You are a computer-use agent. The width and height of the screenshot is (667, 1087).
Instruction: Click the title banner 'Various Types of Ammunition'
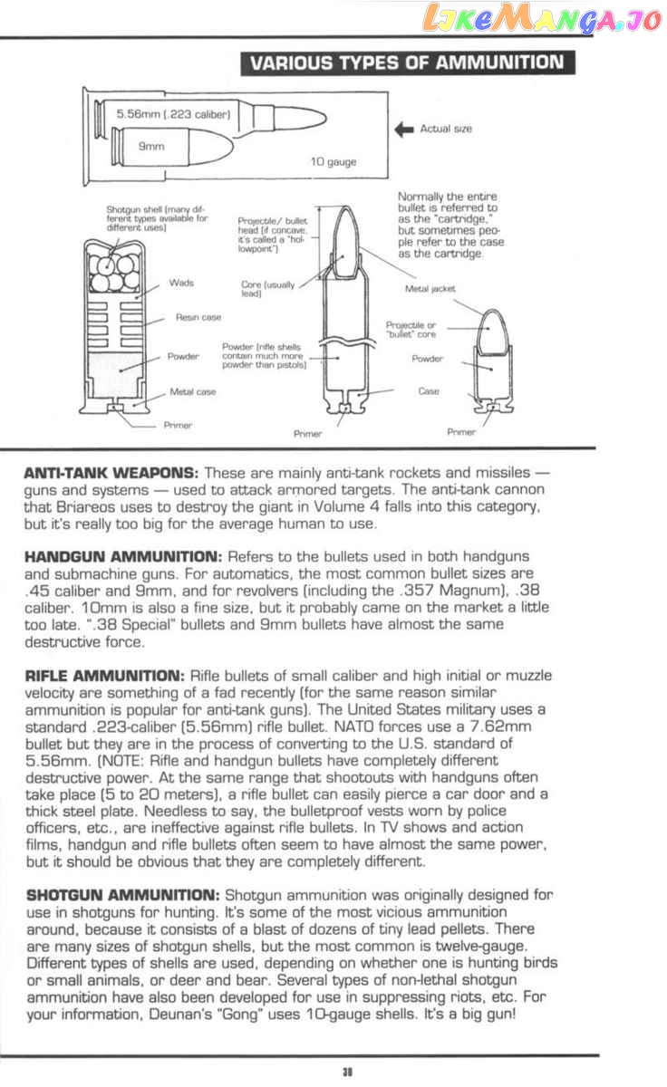pos(406,63)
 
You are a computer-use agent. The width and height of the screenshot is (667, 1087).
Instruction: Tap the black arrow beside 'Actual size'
pos(403,130)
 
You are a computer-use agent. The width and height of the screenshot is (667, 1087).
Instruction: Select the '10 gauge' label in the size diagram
pos(333,162)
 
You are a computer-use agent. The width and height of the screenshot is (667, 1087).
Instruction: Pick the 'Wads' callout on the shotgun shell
pos(181,284)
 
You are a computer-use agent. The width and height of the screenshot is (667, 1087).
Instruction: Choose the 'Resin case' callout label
pos(198,318)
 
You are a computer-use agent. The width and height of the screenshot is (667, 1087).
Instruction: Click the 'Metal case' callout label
pos(193,392)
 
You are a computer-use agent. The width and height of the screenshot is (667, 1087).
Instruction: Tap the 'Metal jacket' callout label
pos(430,289)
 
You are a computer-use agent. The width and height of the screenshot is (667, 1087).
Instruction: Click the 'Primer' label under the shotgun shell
pos(178,424)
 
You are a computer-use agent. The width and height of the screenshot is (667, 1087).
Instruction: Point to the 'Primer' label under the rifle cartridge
pos(308,434)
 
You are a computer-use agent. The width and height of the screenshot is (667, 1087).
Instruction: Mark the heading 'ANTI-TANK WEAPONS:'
pos(111,474)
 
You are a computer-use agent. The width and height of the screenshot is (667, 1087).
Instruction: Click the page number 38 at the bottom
pos(346,1072)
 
